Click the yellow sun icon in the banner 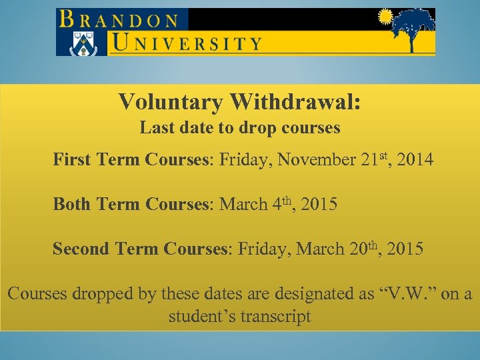pos(385,17)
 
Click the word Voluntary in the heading pos(171,102)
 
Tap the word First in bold pos(73,160)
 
